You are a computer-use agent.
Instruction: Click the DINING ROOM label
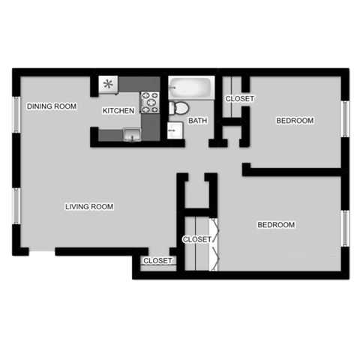click(x=52, y=106)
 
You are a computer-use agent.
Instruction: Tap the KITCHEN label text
click(x=118, y=111)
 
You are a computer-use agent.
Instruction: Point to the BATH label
click(x=198, y=120)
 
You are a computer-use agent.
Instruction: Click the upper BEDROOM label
click(x=295, y=120)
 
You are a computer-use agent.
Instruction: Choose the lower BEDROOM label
click(x=276, y=225)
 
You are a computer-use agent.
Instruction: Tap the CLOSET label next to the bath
click(x=240, y=99)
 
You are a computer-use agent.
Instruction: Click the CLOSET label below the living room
click(x=158, y=261)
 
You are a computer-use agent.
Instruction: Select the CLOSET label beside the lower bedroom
click(x=197, y=239)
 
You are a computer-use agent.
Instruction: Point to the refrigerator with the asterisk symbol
click(x=109, y=84)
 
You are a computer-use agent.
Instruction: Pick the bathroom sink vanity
click(x=175, y=131)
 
